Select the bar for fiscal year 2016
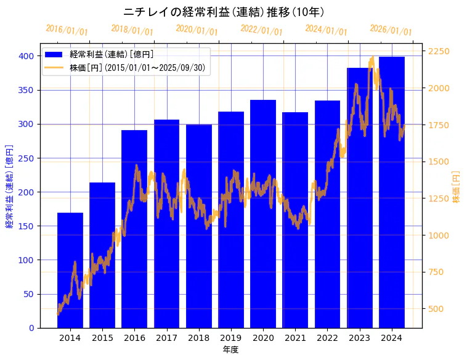click(134, 229)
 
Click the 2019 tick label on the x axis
click(231, 338)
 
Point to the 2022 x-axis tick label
click(327, 338)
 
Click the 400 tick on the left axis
click(26, 56)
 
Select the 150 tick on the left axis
click(26, 226)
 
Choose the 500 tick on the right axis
click(437, 309)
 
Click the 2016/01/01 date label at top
click(67, 30)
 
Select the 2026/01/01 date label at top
click(391, 30)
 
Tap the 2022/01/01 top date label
click(261, 30)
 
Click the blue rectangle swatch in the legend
click(54, 55)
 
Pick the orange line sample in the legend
click(54, 67)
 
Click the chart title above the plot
click(224, 12)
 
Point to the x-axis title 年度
click(230, 350)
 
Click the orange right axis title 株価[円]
click(457, 187)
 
